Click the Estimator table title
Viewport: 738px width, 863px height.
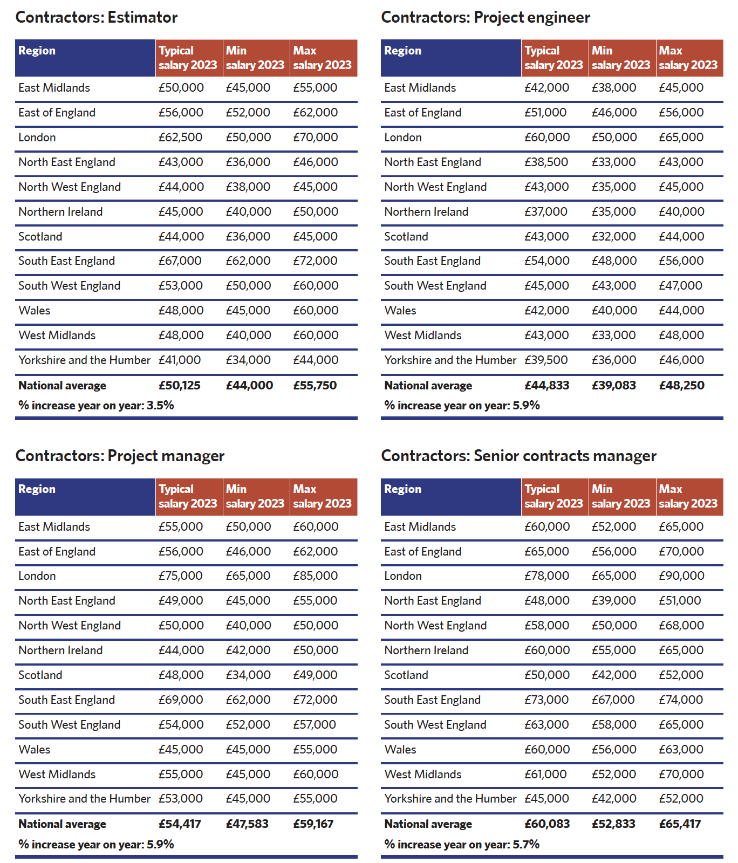tap(97, 17)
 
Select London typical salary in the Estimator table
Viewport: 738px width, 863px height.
tap(180, 138)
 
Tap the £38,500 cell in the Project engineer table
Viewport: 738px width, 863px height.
tap(546, 162)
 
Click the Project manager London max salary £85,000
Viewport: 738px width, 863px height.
tap(315, 576)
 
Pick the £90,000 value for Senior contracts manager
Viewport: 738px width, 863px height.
tap(681, 576)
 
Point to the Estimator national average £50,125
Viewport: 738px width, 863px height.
tap(179, 386)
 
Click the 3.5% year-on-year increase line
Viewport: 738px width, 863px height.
tap(96, 406)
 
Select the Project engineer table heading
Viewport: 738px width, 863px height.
tap(486, 17)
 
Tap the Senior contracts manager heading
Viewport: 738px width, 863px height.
tap(518, 456)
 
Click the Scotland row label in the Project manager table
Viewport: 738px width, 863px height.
tap(40, 675)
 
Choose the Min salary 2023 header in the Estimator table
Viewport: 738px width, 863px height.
tap(255, 58)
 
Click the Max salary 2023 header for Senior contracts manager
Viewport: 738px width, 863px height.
tap(688, 496)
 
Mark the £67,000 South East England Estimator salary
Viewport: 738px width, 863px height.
tap(180, 261)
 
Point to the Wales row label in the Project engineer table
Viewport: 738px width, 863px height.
tap(400, 311)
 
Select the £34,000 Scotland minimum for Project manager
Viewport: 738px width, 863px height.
tap(248, 675)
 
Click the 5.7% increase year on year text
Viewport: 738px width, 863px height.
tap(462, 845)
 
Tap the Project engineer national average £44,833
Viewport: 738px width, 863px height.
tap(546, 386)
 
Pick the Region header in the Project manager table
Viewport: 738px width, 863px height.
tap(37, 489)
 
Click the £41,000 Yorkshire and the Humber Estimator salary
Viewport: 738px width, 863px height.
tap(179, 360)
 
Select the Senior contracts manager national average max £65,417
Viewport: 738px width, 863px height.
tap(680, 824)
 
